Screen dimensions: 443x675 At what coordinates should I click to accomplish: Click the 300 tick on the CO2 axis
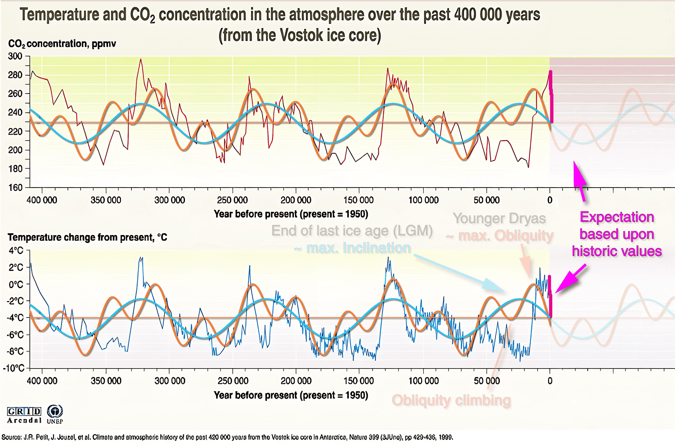pyautogui.click(x=15, y=56)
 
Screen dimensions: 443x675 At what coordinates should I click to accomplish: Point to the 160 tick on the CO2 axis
pyautogui.click(x=15, y=188)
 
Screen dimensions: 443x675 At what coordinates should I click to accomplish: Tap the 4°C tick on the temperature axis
pyautogui.click(x=16, y=251)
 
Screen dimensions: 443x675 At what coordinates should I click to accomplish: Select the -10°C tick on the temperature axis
pyautogui.click(x=14, y=368)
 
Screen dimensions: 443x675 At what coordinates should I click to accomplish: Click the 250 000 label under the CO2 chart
pyautogui.click(x=232, y=200)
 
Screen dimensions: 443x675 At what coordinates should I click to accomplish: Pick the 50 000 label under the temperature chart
pyautogui.click(x=487, y=381)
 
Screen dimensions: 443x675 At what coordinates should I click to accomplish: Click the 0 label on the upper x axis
pyautogui.click(x=550, y=200)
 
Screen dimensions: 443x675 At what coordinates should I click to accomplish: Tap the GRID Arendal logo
pyautogui.click(x=24, y=415)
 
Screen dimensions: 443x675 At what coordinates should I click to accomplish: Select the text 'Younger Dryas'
pyautogui.click(x=499, y=219)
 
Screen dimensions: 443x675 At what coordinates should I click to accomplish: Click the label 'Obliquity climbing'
pyautogui.click(x=451, y=400)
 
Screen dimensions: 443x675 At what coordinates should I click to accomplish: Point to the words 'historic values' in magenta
pyautogui.click(x=617, y=251)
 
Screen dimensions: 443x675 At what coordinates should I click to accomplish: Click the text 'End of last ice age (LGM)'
pyautogui.click(x=352, y=231)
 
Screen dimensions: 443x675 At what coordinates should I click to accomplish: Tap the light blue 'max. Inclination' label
pyautogui.click(x=358, y=248)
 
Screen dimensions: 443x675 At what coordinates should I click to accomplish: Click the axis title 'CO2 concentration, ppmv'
pyautogui.click(x=62, y=44)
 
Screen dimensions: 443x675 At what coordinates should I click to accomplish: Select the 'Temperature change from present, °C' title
pyautogui.click(x=87, y=237)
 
